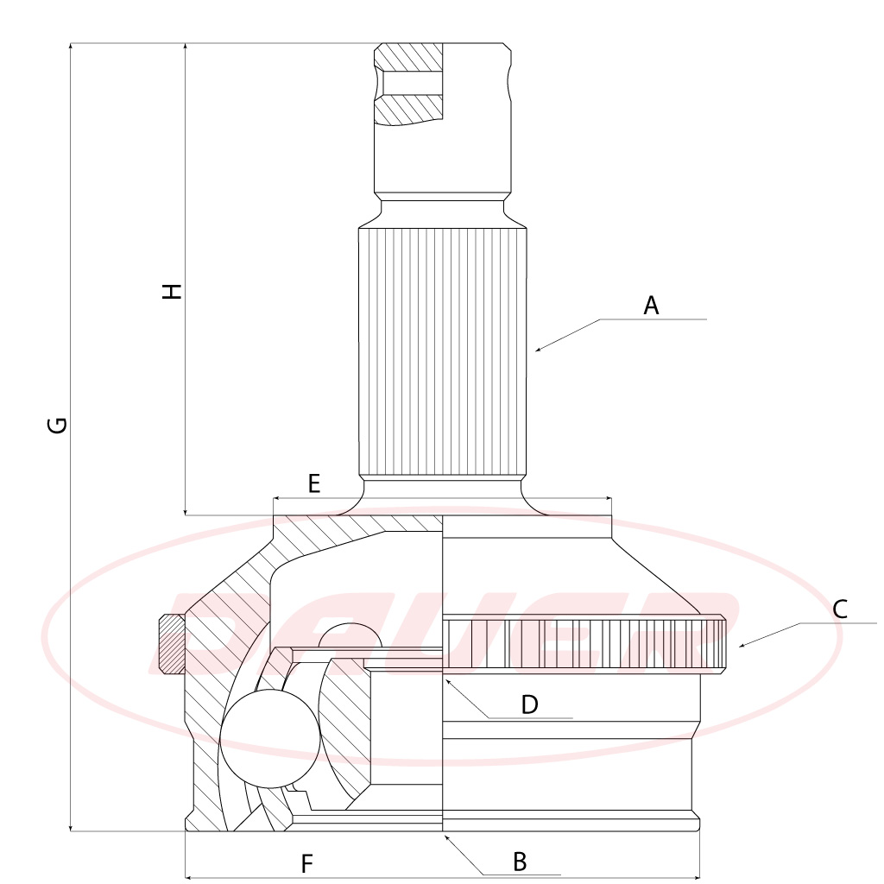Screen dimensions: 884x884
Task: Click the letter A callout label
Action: [x=651, y=306]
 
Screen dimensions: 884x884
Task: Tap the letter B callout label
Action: [x=520, y=862]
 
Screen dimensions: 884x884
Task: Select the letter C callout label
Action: [x=839, y=609]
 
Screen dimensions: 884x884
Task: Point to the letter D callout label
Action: [x=529, y=704]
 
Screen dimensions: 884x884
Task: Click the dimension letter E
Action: [x=314, y=483]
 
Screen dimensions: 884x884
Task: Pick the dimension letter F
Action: [x=306, y=863]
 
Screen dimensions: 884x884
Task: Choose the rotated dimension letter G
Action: [x=58, y=425]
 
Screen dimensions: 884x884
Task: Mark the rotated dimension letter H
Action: [x=172, y=291]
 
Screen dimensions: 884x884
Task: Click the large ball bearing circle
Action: [x=269, y=739]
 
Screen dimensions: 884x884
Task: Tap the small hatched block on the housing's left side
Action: [x=172, y=644]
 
